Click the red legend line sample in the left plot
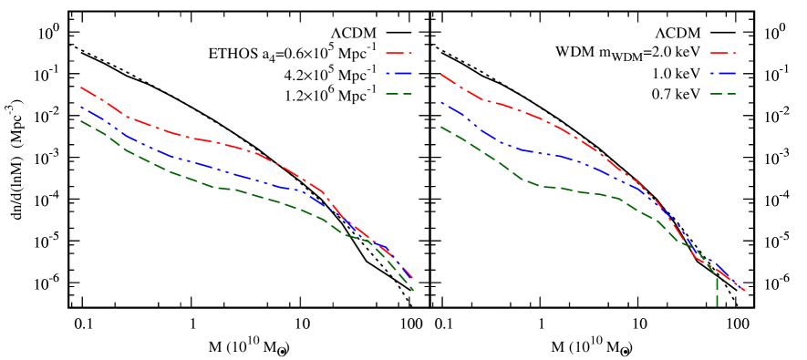(x=398, y=54)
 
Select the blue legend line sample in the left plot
(x=398, y=74)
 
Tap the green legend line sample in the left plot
(x=398, y=94)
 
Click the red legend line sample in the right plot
(x=722, y=54)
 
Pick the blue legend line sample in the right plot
(x=722, y=74)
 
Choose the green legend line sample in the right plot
(x=722, y=94)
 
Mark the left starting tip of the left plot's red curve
(x=81, y=87)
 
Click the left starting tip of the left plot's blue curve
(x=81, y=107)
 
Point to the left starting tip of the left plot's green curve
(x=81, y=120)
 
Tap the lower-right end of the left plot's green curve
(x=414, y=290)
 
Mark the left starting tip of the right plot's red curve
(x=440, y=74)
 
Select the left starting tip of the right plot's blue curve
(x=440, y=102)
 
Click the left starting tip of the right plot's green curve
(x=440, y=127)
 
